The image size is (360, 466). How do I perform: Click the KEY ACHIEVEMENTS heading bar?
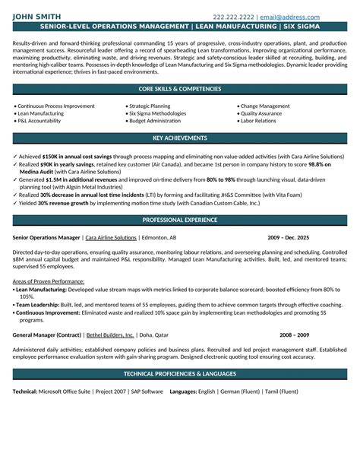click(x=179, y=138)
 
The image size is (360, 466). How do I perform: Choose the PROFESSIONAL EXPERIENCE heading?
click(x=179, y=220)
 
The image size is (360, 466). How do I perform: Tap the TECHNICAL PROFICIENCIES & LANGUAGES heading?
click(x=179, y=375)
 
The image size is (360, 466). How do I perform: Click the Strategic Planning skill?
click(x=150, y=106)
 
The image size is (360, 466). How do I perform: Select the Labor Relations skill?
click(x=259, y=120)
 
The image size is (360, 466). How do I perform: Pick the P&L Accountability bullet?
click(x=43, y=120)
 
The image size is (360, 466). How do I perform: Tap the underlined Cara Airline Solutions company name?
click(x=111, y=237)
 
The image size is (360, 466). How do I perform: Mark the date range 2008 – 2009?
click(x=295, y=334)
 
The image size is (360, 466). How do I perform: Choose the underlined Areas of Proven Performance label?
click(x=46, y=282)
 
